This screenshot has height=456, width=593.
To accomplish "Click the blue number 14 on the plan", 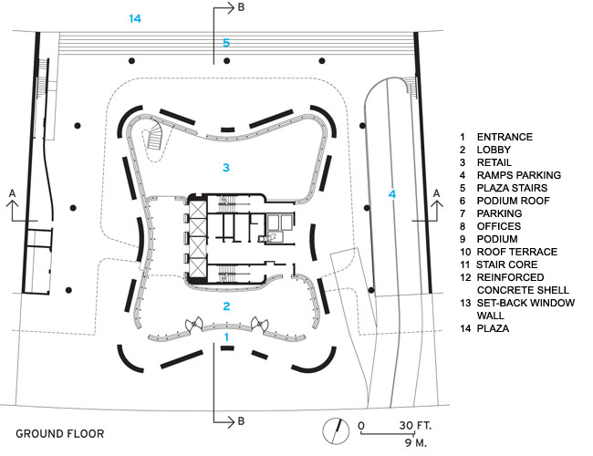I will pyautogui.click(x=135, y=18).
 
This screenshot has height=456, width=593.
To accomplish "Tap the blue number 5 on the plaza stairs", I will pyautogui.click(x=226, y=43).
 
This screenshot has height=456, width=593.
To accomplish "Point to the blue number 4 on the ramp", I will pyautogui.click(x=392, y=193).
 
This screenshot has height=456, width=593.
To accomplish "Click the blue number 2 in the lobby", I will pyautogui.click(x=226, y=306).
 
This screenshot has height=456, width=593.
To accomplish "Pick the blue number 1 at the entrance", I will pyautogui.click(x=226, y=336).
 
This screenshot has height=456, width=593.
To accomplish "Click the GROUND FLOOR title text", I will pyautogui.click(x=59, y=434).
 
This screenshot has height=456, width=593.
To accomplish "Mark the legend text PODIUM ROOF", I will pyautogui.click(x=510, y=200).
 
